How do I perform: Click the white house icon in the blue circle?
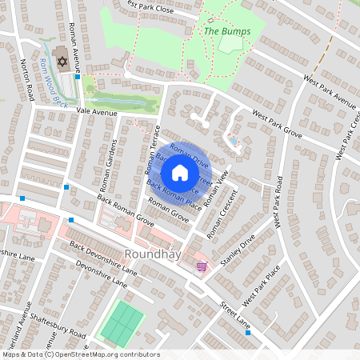pyautogui.click(x=180, y=173)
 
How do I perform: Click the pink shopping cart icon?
pyautogui.click(x=201, y=266)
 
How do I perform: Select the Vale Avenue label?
pyautogui.click(x=97, y=112)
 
